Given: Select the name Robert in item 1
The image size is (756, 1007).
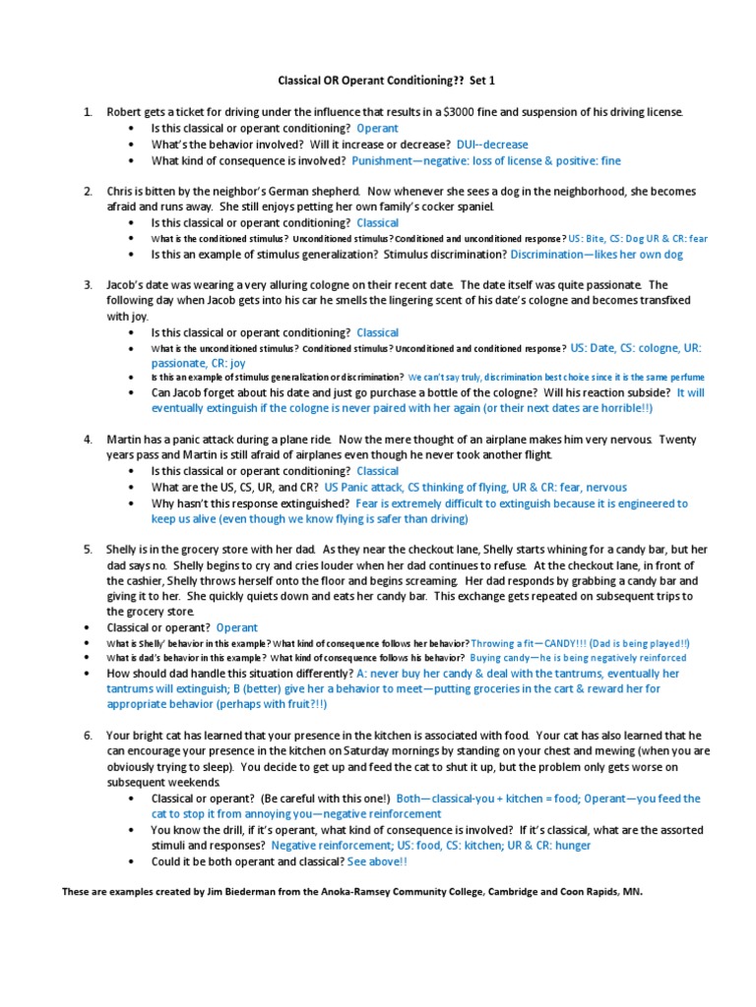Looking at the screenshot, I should click(126, 112).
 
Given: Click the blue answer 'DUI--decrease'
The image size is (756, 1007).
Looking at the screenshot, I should click(492, 145).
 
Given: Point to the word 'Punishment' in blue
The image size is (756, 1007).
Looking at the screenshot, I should click(384, 160).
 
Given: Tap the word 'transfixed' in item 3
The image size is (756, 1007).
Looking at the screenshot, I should click(662, 301).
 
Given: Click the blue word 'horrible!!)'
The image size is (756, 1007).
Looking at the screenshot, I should click(624, 407).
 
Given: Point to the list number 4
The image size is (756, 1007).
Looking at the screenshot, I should click(87, 439).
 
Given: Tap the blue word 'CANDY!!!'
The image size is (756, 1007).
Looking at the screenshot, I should click(575, 642).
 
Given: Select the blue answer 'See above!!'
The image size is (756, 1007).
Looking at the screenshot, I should click(377, 861).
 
